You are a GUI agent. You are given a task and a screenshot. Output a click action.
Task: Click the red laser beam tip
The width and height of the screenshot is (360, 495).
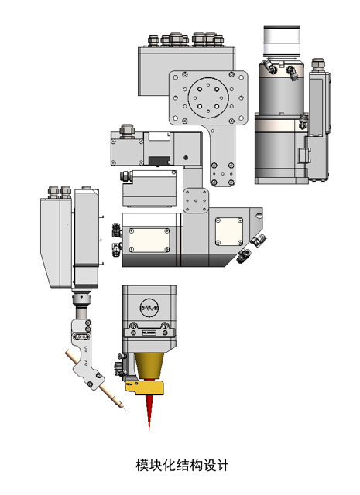(149, 428)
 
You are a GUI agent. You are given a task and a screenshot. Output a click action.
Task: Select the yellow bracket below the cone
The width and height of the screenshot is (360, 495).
(145, 387)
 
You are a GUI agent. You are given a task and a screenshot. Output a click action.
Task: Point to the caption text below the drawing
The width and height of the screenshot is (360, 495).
(182, 465)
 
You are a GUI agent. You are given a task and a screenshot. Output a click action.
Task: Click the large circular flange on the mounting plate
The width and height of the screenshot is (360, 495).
(208, 98)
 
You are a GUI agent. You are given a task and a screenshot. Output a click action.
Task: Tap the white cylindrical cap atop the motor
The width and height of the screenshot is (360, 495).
(282, 39)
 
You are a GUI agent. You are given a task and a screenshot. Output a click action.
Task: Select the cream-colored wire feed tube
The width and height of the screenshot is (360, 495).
(94, 379)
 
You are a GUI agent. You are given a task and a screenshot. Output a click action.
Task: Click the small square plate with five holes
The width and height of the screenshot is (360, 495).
(196, 201)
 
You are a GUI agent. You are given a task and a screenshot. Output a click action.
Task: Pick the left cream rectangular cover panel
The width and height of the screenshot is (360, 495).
(149, 241)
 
